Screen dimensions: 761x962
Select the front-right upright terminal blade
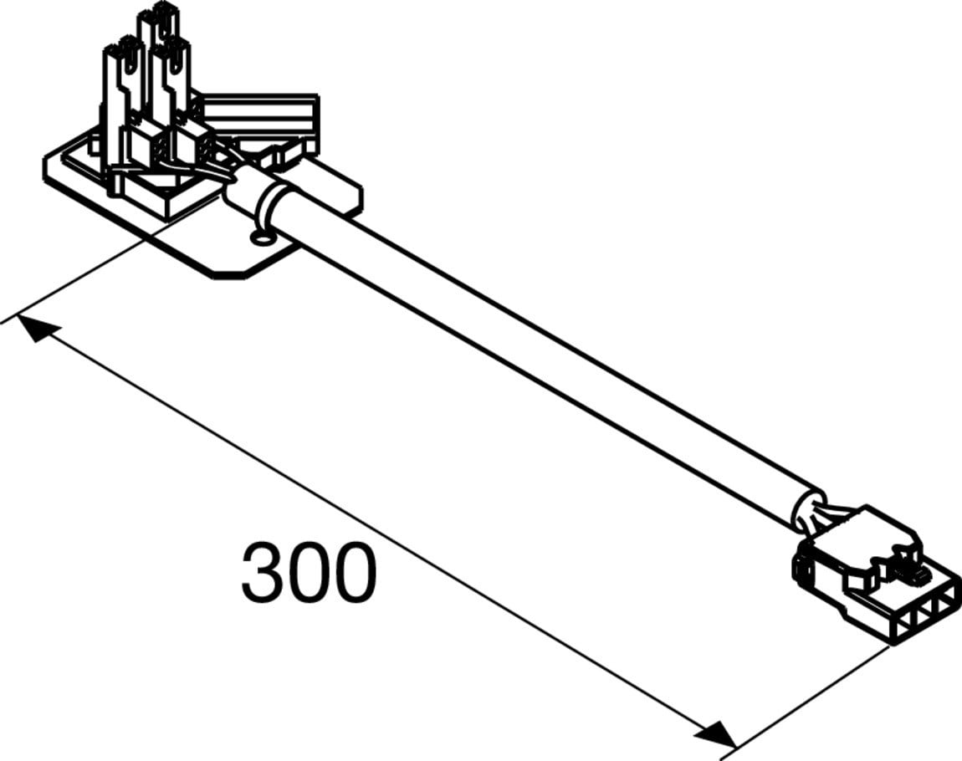click(174, 79)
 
